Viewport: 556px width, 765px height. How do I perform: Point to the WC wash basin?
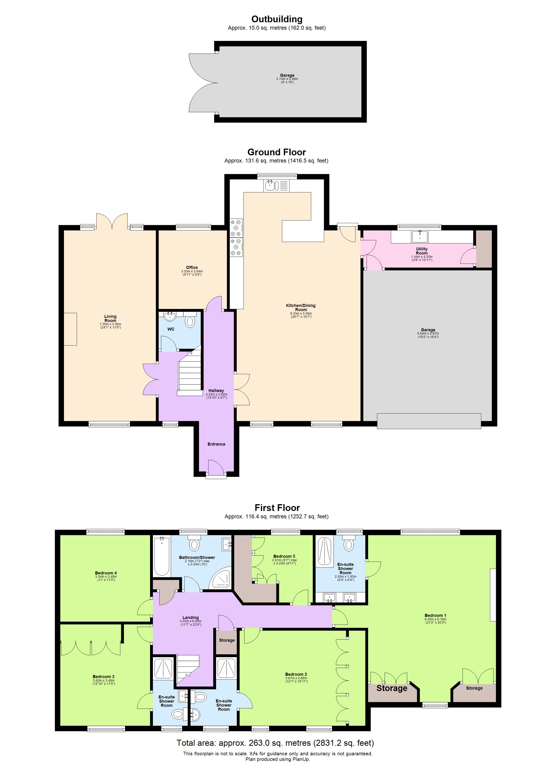170,316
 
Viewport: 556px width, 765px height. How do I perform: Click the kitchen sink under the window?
270,185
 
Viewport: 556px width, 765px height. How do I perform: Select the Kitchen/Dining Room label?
301,307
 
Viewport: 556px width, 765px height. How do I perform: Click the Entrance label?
216,444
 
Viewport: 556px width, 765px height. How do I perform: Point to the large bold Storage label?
392,688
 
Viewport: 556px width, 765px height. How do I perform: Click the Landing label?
190,618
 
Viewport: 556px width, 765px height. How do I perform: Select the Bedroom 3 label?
104,677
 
